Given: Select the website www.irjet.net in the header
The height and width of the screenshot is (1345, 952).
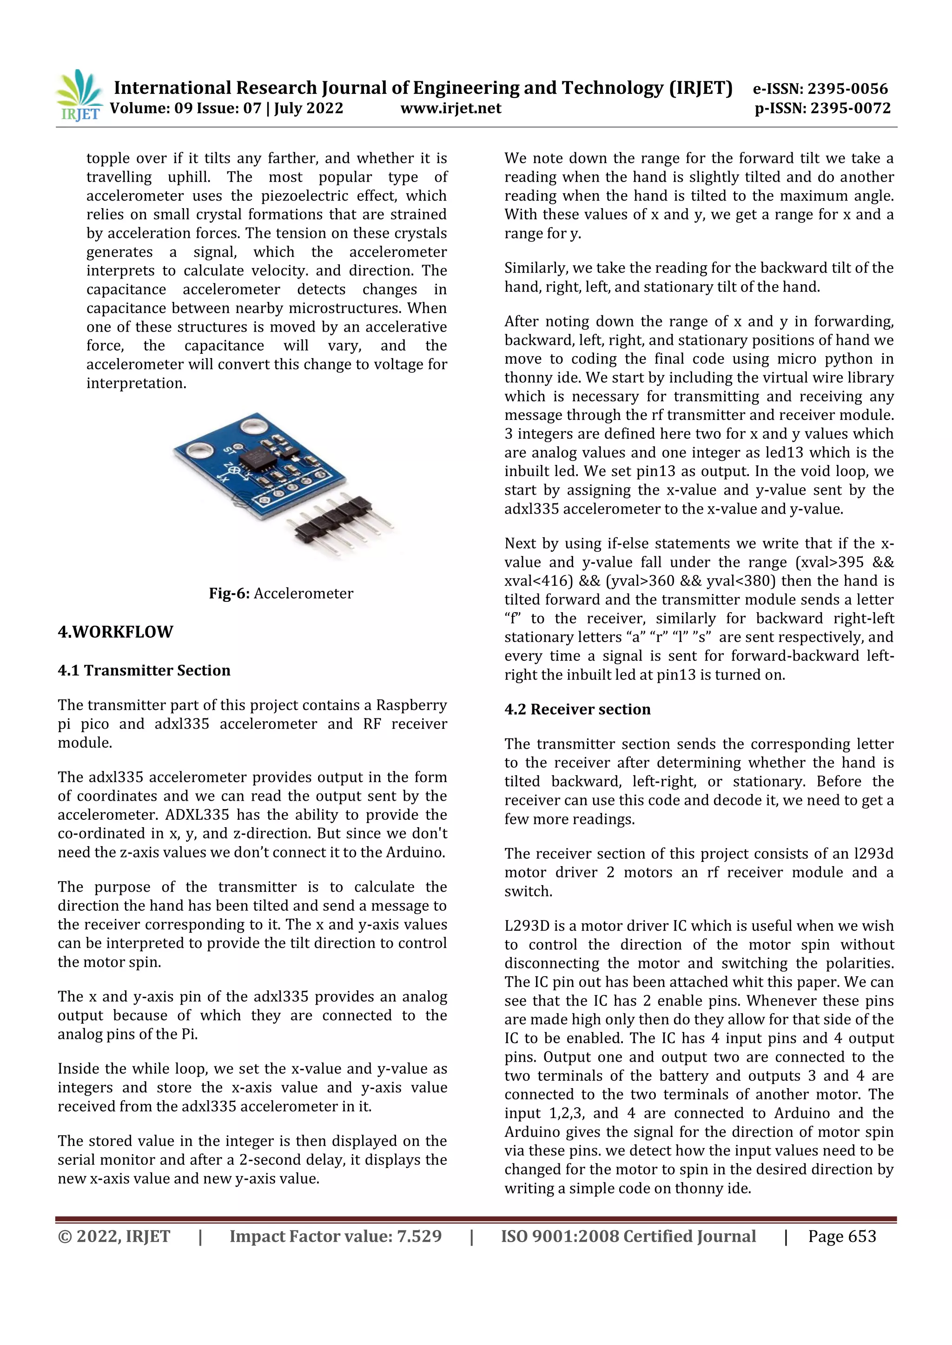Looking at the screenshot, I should [451, 108].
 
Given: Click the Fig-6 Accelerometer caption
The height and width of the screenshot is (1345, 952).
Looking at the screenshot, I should [281, 594].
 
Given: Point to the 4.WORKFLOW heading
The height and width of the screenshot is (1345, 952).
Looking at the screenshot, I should [115, 632].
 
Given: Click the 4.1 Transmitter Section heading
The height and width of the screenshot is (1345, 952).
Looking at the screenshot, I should [144, 671].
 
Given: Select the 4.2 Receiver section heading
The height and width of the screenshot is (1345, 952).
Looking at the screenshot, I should [577, 709].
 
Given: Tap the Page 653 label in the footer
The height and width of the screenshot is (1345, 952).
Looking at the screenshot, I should [842, 1237].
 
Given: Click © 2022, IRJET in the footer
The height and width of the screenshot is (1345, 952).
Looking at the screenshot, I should [114, 1237].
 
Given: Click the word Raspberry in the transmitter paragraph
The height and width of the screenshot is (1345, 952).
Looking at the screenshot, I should [411, 705].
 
